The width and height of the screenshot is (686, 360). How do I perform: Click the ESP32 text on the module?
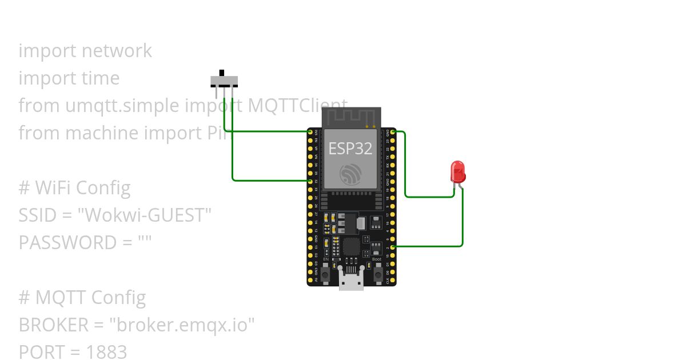350,149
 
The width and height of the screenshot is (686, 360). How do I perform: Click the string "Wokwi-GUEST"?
145,215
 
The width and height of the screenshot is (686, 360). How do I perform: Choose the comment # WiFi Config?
74,188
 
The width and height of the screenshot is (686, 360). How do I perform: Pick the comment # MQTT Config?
82,298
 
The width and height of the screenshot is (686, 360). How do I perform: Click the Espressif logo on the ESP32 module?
350,174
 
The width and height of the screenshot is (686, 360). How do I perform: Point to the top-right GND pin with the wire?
393,132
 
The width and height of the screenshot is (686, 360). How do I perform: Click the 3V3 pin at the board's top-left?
310,132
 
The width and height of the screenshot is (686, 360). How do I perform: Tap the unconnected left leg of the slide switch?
217,91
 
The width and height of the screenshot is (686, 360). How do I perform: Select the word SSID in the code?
37,215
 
